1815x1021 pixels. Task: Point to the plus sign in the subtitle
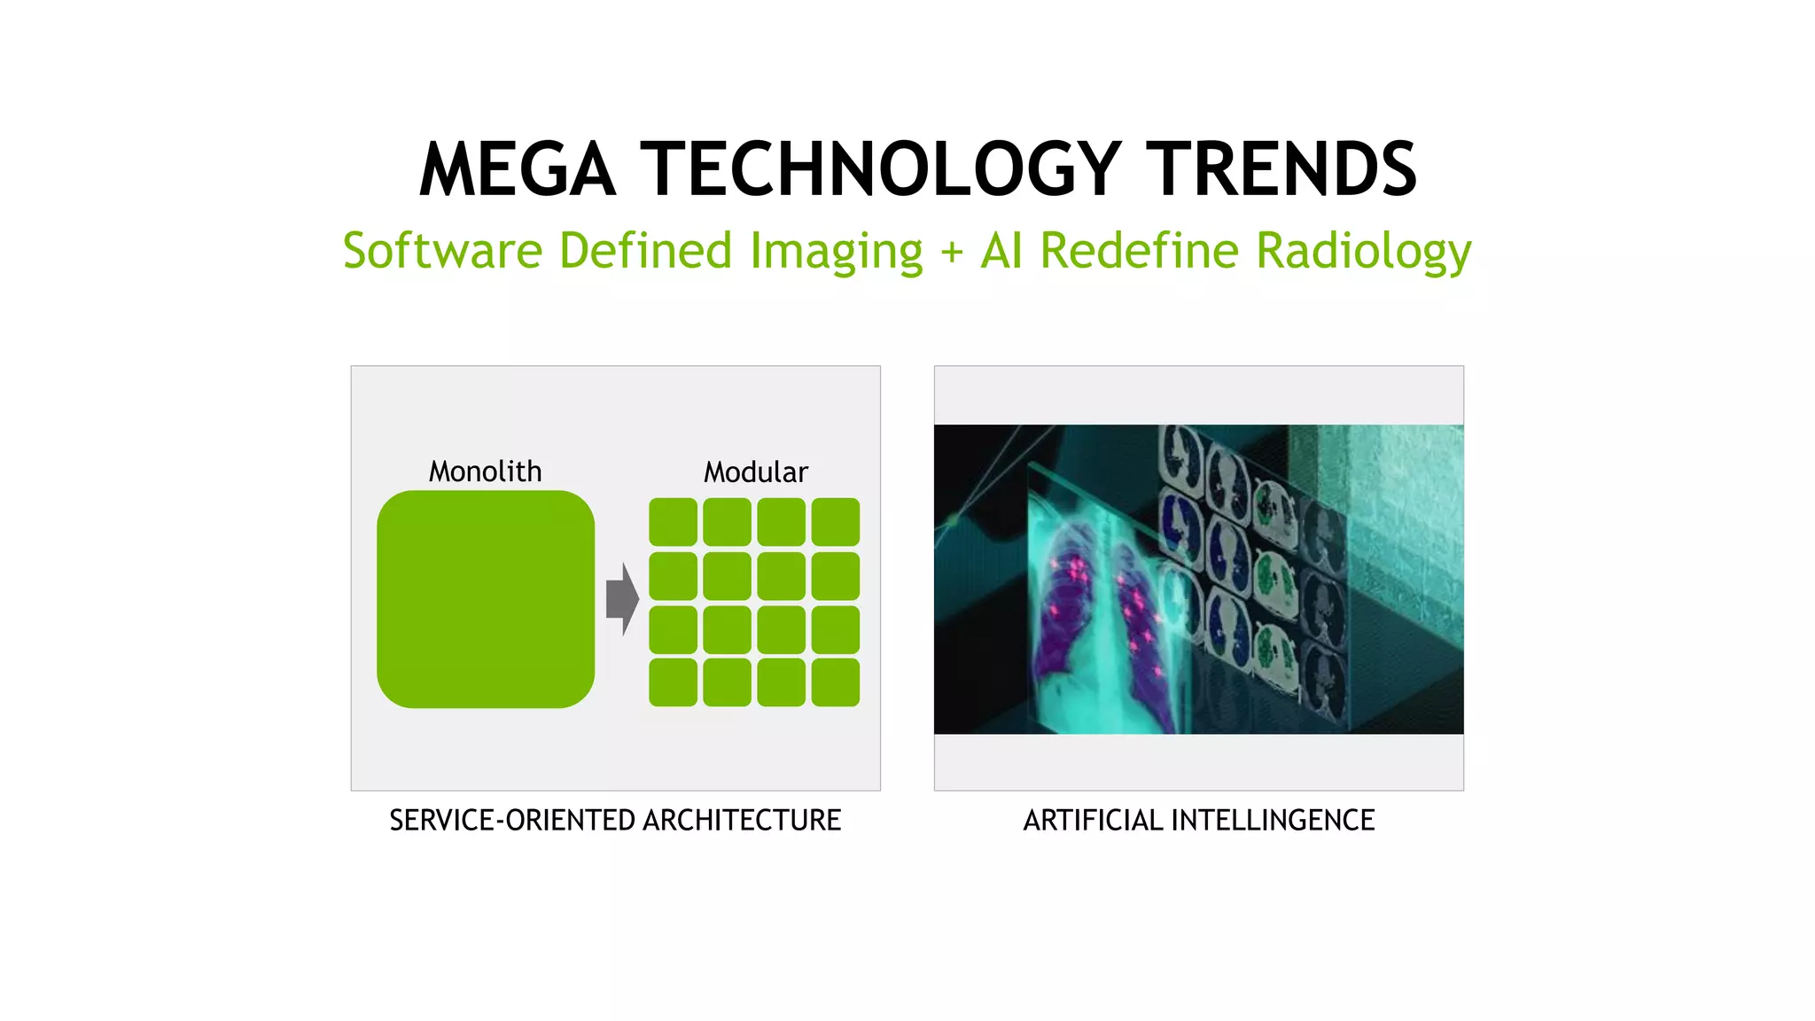point(952,253)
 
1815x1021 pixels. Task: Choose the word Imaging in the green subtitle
point(836,251)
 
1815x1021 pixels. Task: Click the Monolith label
point(485,471)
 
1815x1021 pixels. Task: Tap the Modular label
point(756,472)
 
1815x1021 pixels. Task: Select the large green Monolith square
point(486,599)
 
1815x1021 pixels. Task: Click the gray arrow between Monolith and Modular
point(622,599)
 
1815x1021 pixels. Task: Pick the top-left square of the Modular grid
point(673,522)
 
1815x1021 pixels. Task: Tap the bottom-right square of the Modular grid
point(836,682)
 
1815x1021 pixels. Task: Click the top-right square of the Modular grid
point(836,522)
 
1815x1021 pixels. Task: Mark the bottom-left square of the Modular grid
point(673,682)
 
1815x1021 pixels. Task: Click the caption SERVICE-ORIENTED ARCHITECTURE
point(615,820)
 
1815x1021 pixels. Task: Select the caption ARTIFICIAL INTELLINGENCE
point(1198,820)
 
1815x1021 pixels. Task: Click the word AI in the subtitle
point(1001,251)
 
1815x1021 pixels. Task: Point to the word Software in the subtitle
point(442,251)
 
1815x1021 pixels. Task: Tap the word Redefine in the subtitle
point(1140,251)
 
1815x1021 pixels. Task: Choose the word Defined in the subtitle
point(645,251)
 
